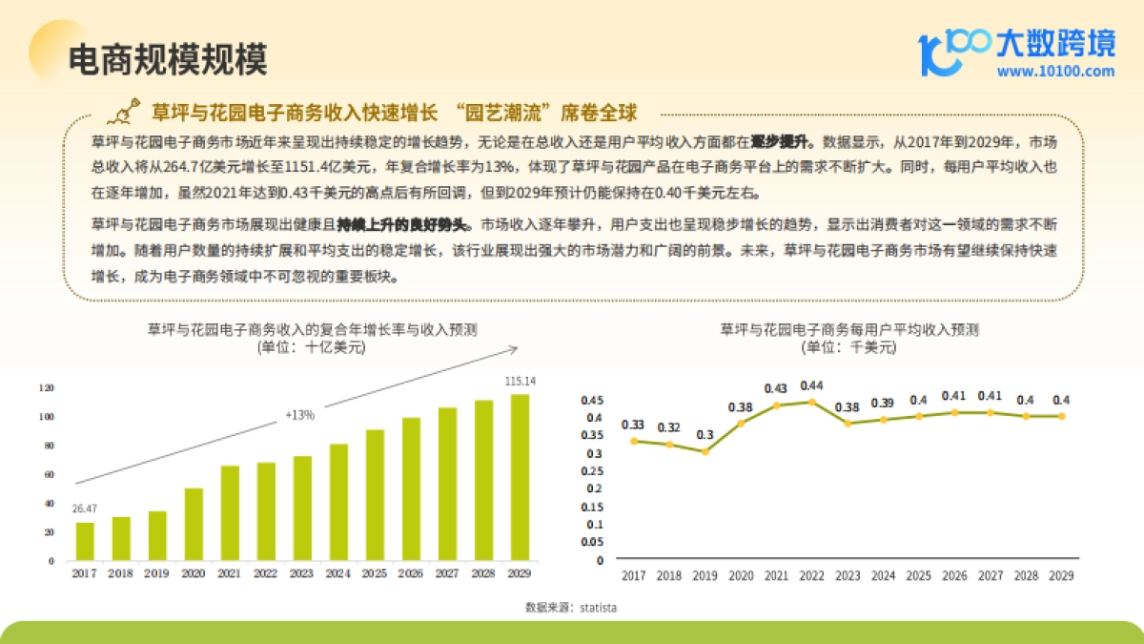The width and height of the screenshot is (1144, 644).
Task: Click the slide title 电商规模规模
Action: coord(168,59)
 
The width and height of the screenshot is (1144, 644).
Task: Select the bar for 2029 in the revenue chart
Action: coord(520,477)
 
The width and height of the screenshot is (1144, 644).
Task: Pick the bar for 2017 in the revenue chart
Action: coord(85,541)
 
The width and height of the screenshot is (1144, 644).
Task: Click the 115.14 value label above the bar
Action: coord(520,381)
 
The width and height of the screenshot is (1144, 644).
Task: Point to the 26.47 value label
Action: coord(85,509)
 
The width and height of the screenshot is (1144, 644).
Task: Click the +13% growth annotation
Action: coord(299,415)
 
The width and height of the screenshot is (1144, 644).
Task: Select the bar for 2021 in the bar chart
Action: coord(230,512)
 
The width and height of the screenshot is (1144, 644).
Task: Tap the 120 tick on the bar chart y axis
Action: coord(47,388)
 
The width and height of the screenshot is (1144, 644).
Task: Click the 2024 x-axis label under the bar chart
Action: coord(338,573)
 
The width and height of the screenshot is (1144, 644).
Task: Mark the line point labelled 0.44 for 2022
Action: coord(811,402)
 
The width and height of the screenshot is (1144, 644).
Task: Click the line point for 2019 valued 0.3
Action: coord(705,451)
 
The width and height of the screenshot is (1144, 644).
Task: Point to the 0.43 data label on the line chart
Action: coord(775,388)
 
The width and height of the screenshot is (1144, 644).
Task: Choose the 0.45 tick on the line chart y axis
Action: coord(593,400)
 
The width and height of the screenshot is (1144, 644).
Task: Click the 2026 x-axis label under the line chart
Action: coord(954,575)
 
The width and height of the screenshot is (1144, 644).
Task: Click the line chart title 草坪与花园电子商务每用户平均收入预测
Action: coord(848,330)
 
